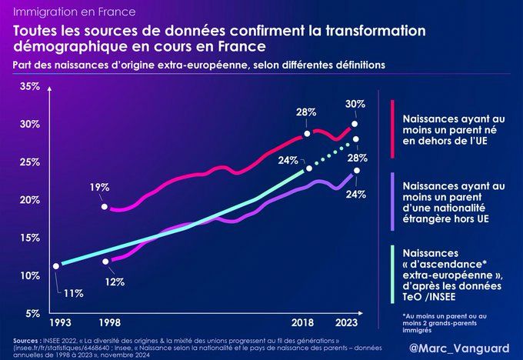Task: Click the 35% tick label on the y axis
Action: pyautogui.click(x=29, y=86)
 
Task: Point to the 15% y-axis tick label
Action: pyautogui.click(x=29, y=238)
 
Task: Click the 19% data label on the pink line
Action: pyautogui.click(x=99, y=187)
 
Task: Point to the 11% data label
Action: pyautogui.click(x=73, y=293)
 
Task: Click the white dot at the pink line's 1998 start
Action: pyautogui.click(x=105, y=207)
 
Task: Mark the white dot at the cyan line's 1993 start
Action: pyautogui.click(x=55, y=266)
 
